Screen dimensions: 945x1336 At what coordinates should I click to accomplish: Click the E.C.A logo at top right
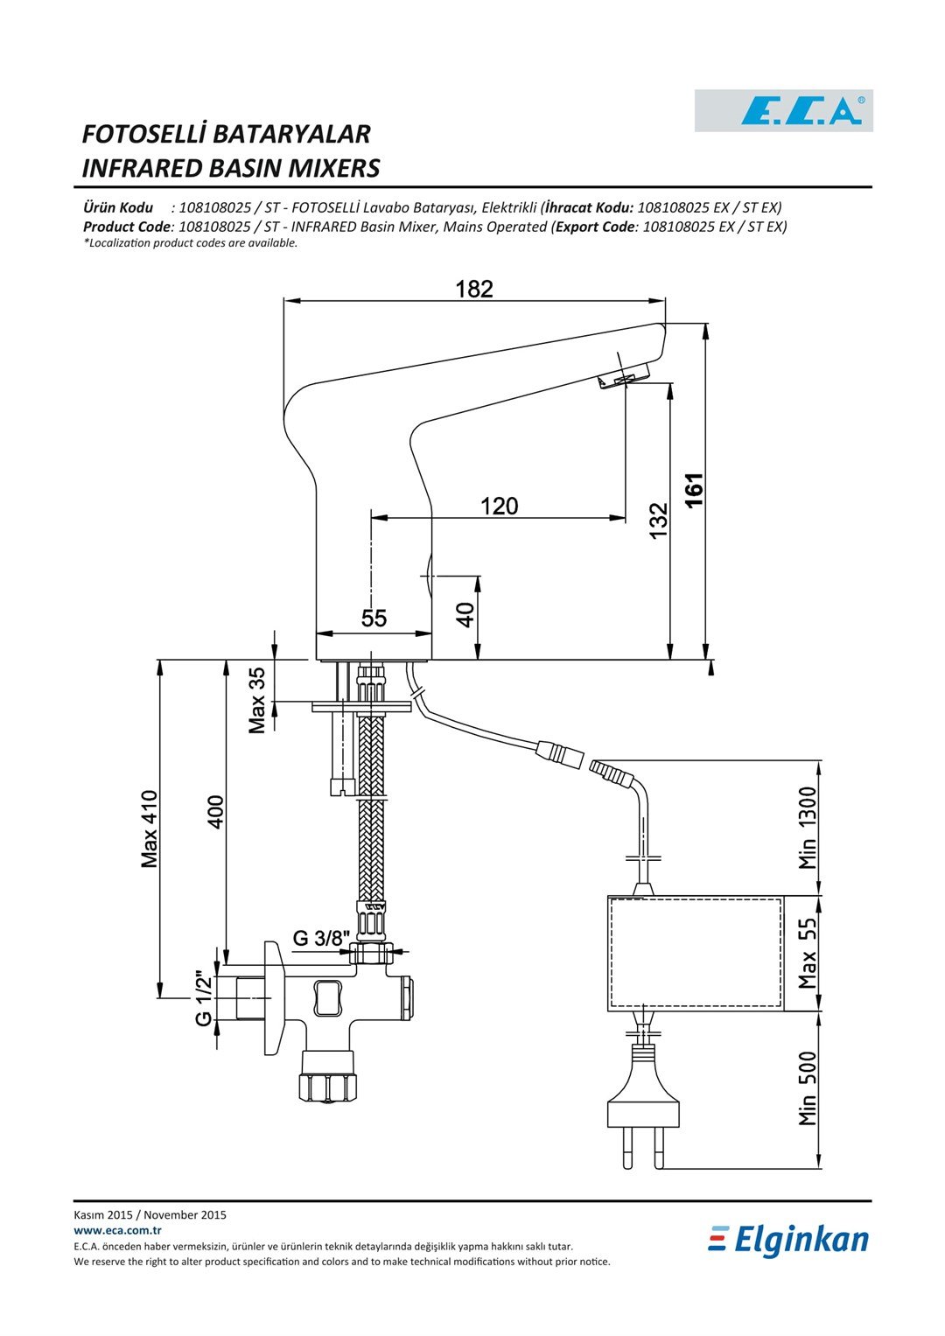tap(783, 110)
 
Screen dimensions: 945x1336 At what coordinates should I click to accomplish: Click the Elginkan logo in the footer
tap(788, 1240)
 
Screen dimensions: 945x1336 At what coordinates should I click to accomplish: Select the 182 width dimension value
tap(474, 290)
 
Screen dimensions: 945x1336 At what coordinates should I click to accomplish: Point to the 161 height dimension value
tap(695, 490)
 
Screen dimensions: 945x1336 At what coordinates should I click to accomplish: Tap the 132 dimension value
tap(659, 521)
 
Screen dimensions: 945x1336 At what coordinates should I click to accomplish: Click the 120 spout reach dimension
tap(500, 507)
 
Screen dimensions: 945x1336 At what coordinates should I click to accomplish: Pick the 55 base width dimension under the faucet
tap(374, 619)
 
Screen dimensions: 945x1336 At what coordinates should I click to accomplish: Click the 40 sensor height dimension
tap(465, 615)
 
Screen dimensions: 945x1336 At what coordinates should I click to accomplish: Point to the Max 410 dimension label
tap(149, 829)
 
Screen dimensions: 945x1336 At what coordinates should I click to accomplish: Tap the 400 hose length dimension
tap(215, 812)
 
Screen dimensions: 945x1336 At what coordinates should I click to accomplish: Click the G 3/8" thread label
tap(320, 938)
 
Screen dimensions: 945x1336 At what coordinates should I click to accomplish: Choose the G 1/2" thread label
tap(203, 999)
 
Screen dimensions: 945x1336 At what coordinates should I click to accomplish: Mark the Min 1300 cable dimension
tap(807, 828)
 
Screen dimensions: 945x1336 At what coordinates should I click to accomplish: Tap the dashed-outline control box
tap(695, 953)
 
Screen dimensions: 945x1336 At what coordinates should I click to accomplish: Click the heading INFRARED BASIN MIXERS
tap(230, 168)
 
